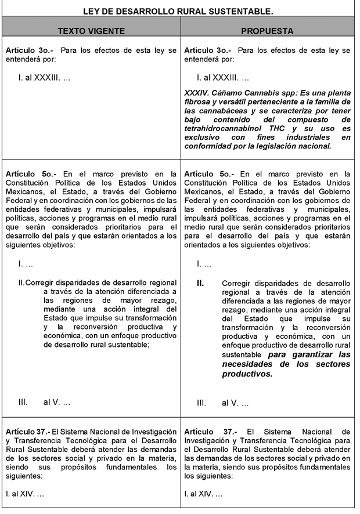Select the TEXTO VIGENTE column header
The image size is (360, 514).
pos(91,31)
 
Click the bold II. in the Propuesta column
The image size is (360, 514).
pos(200,284)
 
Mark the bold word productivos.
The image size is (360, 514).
pos(247,374)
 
